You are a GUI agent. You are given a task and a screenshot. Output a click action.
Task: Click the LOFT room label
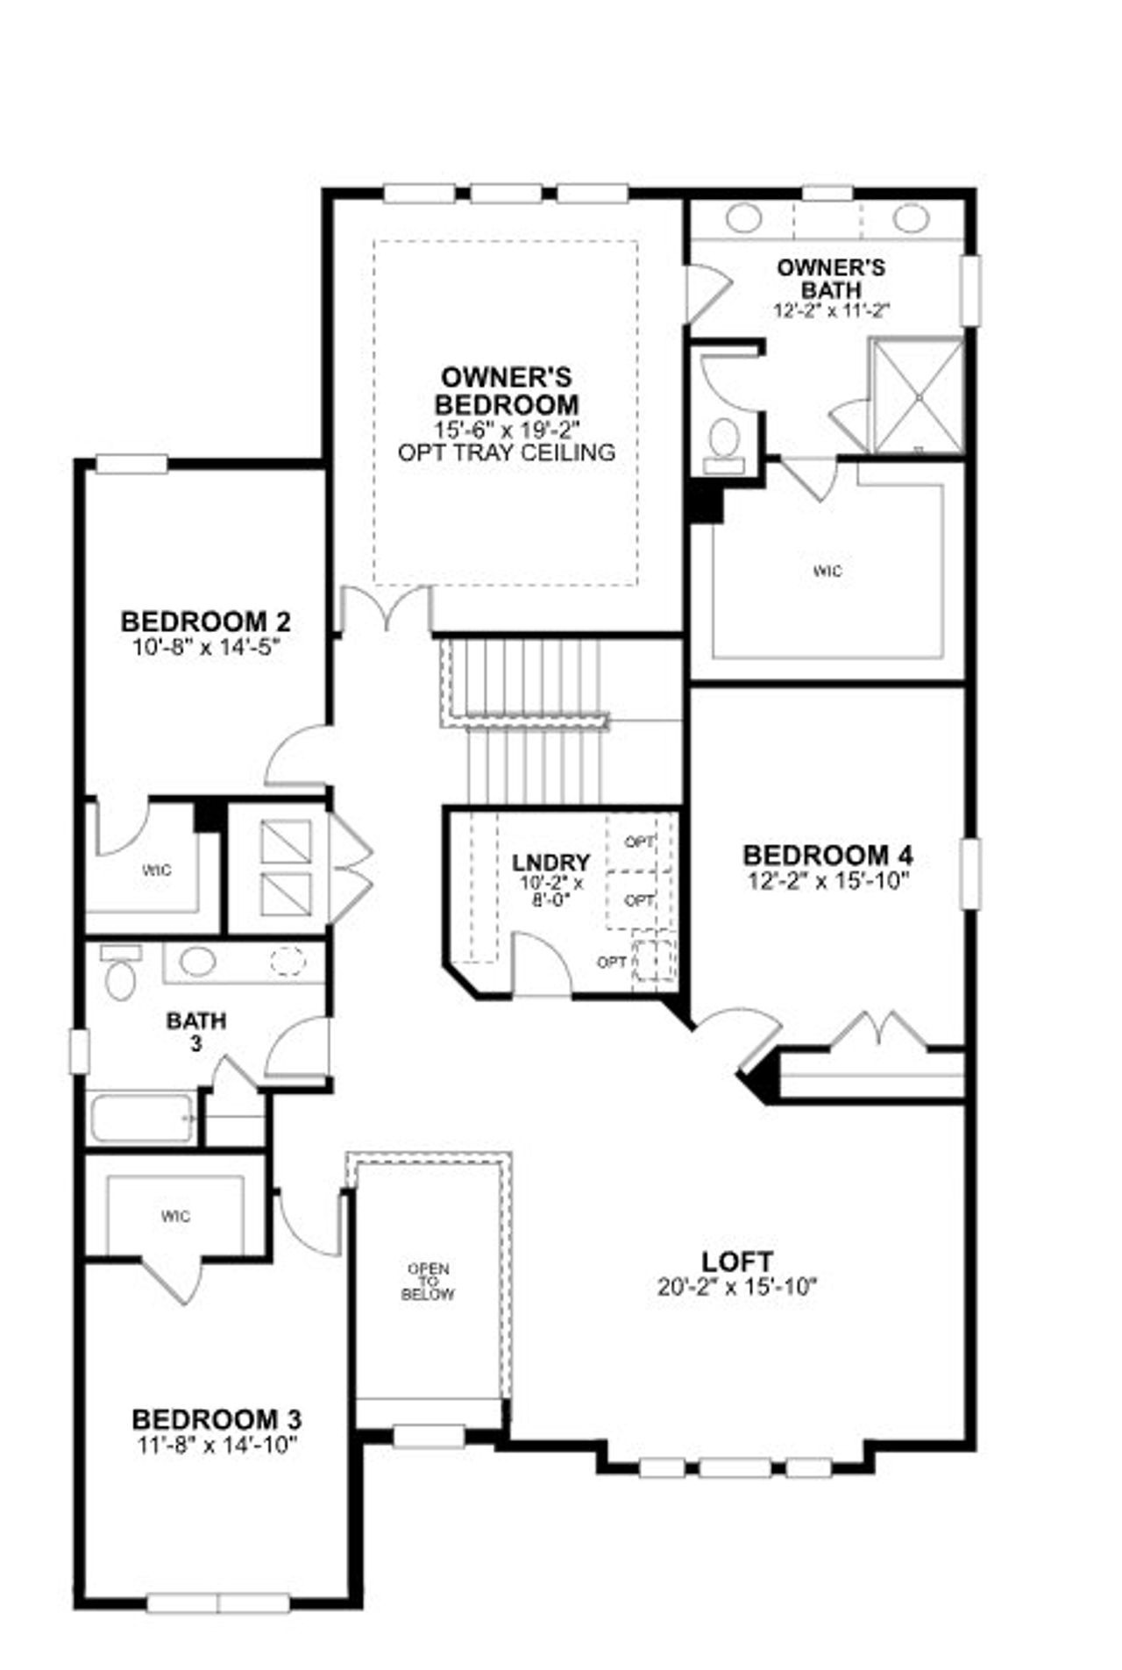click(736, 1261)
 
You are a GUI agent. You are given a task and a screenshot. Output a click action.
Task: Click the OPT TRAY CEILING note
click(506, 452)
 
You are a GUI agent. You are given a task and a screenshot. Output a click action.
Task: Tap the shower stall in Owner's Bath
click(916, 396)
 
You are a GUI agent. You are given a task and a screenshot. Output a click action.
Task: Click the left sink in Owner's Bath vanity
click(744, 217)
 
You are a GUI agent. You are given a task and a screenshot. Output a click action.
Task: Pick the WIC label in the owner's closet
click(827, 572)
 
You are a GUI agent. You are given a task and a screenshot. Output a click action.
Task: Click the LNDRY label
click(551, 862)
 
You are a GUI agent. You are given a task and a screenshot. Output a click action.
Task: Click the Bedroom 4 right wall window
click(970, 873)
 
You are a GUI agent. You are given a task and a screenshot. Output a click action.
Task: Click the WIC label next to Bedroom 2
click(157, 871)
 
